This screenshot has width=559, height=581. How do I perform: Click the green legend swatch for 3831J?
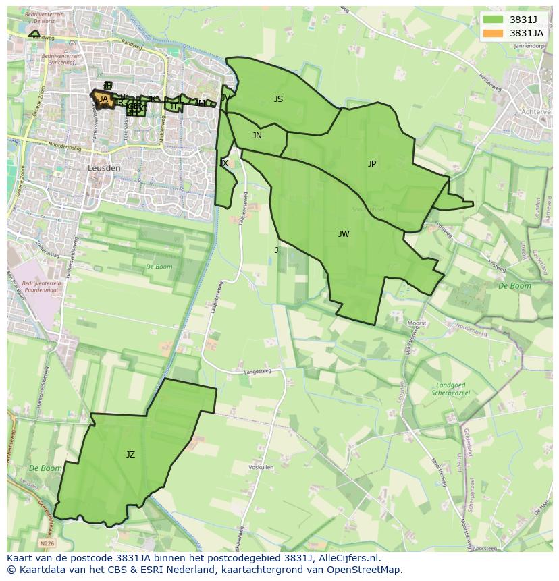pos(494,20)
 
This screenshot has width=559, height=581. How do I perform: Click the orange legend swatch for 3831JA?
pos(494,32)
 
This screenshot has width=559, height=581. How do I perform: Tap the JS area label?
pos(278,99)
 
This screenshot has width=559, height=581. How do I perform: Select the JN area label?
pos(257,136)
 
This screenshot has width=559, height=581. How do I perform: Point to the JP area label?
pos(372,164)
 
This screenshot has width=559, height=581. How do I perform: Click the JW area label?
pos(344,234)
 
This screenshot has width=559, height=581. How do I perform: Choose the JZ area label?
pos(130,455)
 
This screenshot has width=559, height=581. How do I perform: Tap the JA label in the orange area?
pos(103,99)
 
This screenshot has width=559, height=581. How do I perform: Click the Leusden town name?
pos(104,168)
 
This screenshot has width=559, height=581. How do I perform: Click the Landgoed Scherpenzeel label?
pos(449,389)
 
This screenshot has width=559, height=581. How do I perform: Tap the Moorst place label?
pos(417,323)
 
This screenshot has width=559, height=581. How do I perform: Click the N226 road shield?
pos(47,543)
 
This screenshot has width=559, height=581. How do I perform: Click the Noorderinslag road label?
pos(64,145)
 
